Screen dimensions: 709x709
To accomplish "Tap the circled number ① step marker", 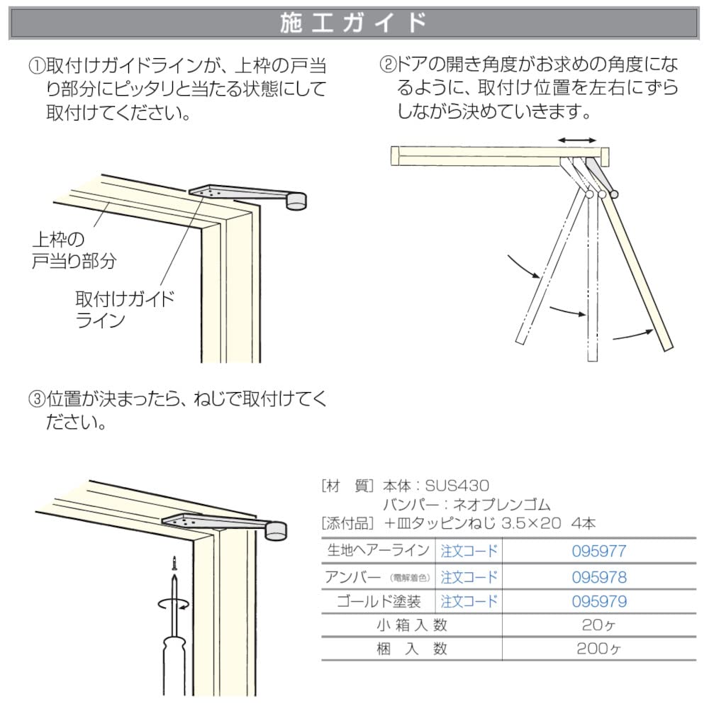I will pos(37,67).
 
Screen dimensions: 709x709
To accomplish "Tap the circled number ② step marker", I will pos(389,65).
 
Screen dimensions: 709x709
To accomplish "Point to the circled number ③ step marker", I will pos(37,399).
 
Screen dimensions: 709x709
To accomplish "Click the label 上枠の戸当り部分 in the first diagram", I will pos(74,250).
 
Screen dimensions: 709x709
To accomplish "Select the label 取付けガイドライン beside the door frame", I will pos(124,308).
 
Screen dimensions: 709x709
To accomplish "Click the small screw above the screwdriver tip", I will pos(172,564).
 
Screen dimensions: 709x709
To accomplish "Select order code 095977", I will pos(599,550).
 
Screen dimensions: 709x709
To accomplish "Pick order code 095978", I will pos(599,576).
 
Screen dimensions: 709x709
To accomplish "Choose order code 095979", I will pos(599,602).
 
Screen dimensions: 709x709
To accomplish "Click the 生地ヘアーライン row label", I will pos(377,550).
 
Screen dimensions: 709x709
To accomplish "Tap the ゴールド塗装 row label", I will pos(381,602).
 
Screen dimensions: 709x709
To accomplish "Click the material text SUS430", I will pos(457,486).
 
